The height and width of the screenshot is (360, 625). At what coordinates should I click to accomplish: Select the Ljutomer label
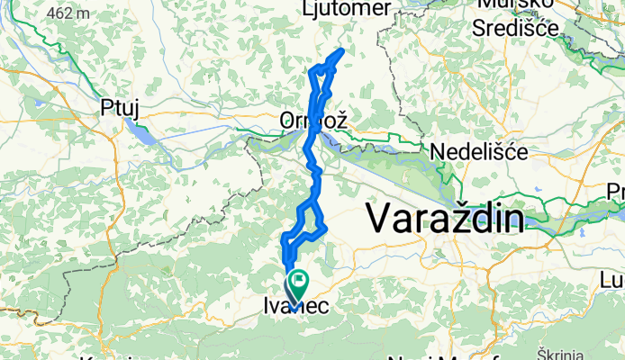pos(348,8)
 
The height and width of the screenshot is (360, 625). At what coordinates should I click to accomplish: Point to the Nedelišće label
pos(478,152)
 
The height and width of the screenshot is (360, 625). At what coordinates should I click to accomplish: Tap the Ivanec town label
pos(297,307)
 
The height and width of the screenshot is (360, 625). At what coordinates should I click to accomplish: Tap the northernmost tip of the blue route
pos(341,50)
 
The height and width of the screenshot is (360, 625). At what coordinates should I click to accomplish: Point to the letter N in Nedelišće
pos(439,152)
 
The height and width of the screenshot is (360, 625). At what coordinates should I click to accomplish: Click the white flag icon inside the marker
pos(296,282)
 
